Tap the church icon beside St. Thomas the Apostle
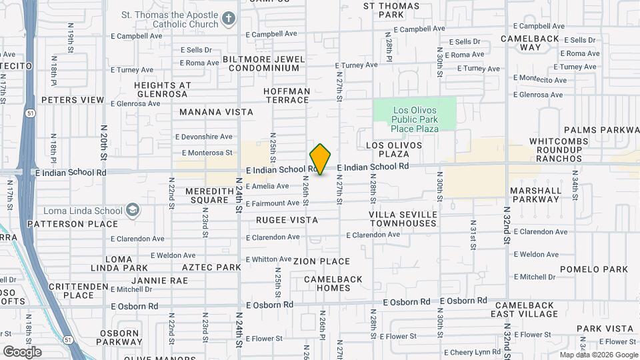(x=228, y=18)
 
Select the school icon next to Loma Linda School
(x=133, y=211)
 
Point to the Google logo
(x=21, y=351)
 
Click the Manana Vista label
(x=217, y=112)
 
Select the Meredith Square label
(x=207, y=195)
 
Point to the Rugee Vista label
(x=287, y=219)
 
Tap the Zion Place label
(x=321, y=261)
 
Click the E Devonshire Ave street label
(x=204, y=137)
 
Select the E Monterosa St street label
(x=204, y=153)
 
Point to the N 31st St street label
(x=473, y=233)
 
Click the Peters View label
(x=73, y=100)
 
